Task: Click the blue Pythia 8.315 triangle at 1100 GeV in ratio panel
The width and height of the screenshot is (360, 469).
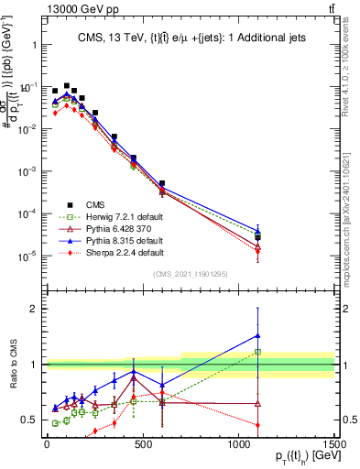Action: point(258,335)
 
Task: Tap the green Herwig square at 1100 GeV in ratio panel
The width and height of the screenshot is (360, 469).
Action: point(258,352)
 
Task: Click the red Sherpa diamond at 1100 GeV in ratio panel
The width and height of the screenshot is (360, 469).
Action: point(258,425)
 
